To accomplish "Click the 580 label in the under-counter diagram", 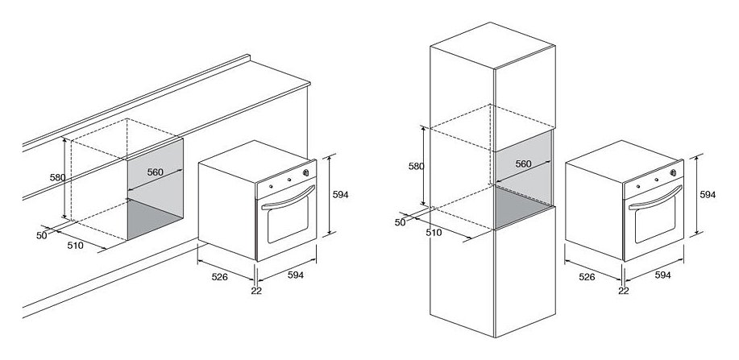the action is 57,178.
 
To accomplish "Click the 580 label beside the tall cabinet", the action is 416,166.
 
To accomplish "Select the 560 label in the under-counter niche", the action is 155,172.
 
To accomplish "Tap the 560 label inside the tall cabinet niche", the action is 523,164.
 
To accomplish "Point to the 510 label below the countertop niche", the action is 75,245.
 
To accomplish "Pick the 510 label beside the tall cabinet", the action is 434,232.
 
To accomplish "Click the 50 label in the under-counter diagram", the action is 41,236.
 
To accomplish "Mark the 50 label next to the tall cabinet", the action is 401,222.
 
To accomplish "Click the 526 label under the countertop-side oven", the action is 220,277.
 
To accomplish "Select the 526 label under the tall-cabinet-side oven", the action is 587,277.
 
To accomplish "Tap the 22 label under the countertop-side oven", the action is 256,291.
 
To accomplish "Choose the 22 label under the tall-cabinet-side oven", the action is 624,291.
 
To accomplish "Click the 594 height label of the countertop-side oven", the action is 340,194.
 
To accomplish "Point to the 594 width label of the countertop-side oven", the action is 296,275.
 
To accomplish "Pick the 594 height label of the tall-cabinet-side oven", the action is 708,194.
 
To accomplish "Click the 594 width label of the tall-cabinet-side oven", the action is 662,275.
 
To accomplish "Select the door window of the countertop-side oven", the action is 288,220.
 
